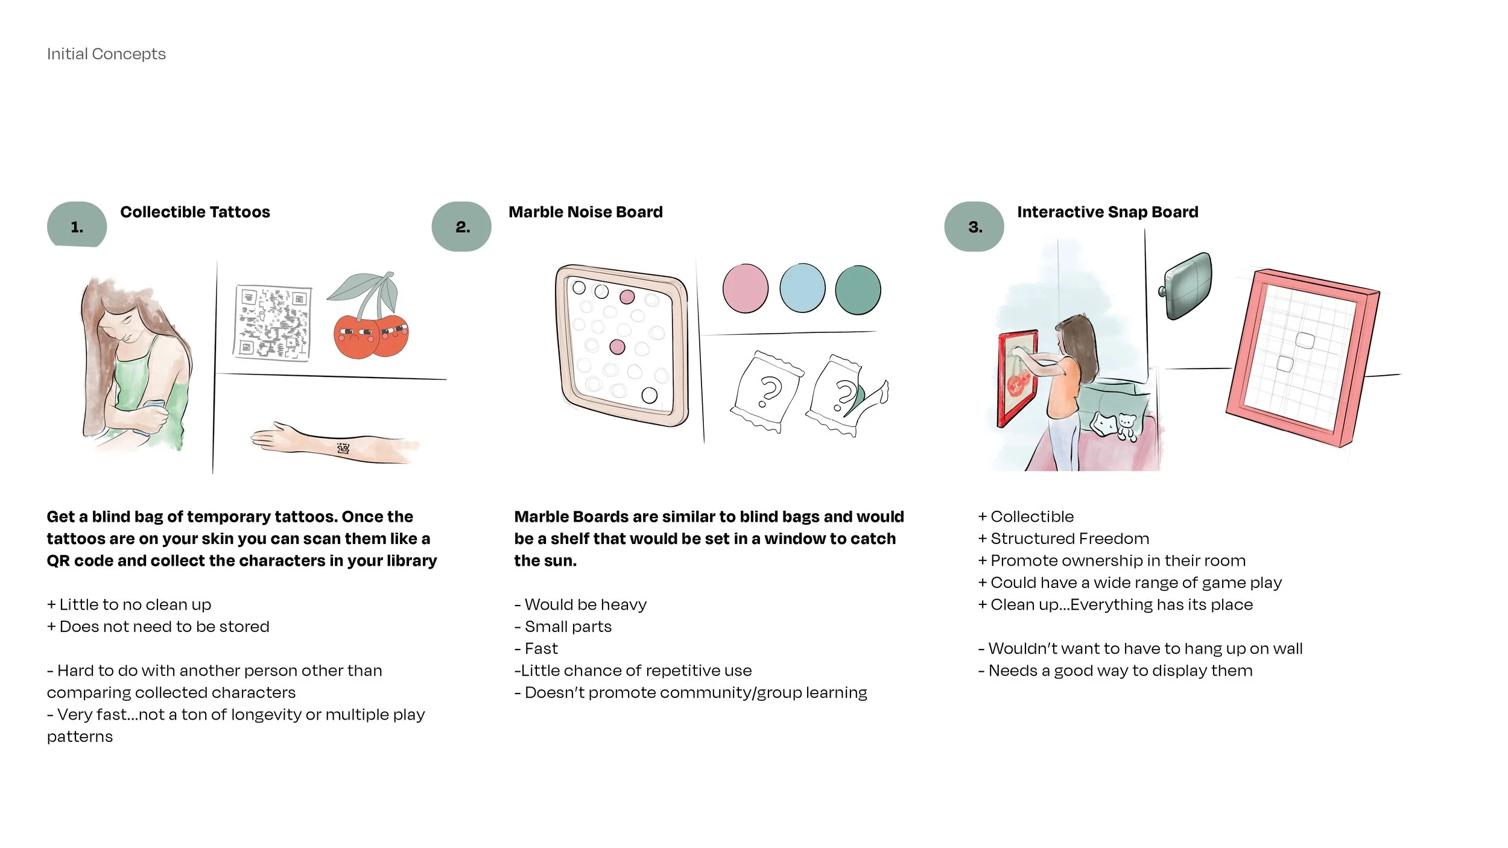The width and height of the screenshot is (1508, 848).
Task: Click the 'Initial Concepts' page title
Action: [106, 54]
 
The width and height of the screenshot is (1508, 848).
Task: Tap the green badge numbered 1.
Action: [77, 226]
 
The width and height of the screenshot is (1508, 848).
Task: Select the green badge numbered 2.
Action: [461, 227]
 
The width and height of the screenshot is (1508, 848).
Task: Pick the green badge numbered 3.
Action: [974, 227]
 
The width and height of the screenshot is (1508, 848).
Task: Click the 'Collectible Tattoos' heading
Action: [195, 212]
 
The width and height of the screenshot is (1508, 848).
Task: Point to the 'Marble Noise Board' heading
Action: [585, 212]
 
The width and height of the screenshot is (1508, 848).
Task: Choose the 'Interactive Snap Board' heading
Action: [1107, 212]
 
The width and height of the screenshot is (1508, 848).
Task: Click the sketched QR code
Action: [273, 323]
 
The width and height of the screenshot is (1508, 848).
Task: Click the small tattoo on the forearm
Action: [343, 448]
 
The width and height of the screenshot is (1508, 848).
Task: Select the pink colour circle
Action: [745, 288]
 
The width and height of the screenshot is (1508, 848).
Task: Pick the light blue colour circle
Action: [802, 288]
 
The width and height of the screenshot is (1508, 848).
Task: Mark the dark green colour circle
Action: [858, 290]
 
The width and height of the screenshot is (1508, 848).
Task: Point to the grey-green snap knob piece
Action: [1186, 286]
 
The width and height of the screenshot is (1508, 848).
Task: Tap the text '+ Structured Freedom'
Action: [1063, 539]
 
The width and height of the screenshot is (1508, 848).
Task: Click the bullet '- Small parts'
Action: [563, 627]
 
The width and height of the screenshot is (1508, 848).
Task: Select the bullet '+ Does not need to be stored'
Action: [158, 627]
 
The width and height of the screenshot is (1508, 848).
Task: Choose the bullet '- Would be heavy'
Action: [580, 604]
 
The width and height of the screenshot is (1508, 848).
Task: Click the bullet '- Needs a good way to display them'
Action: [1115, 671]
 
